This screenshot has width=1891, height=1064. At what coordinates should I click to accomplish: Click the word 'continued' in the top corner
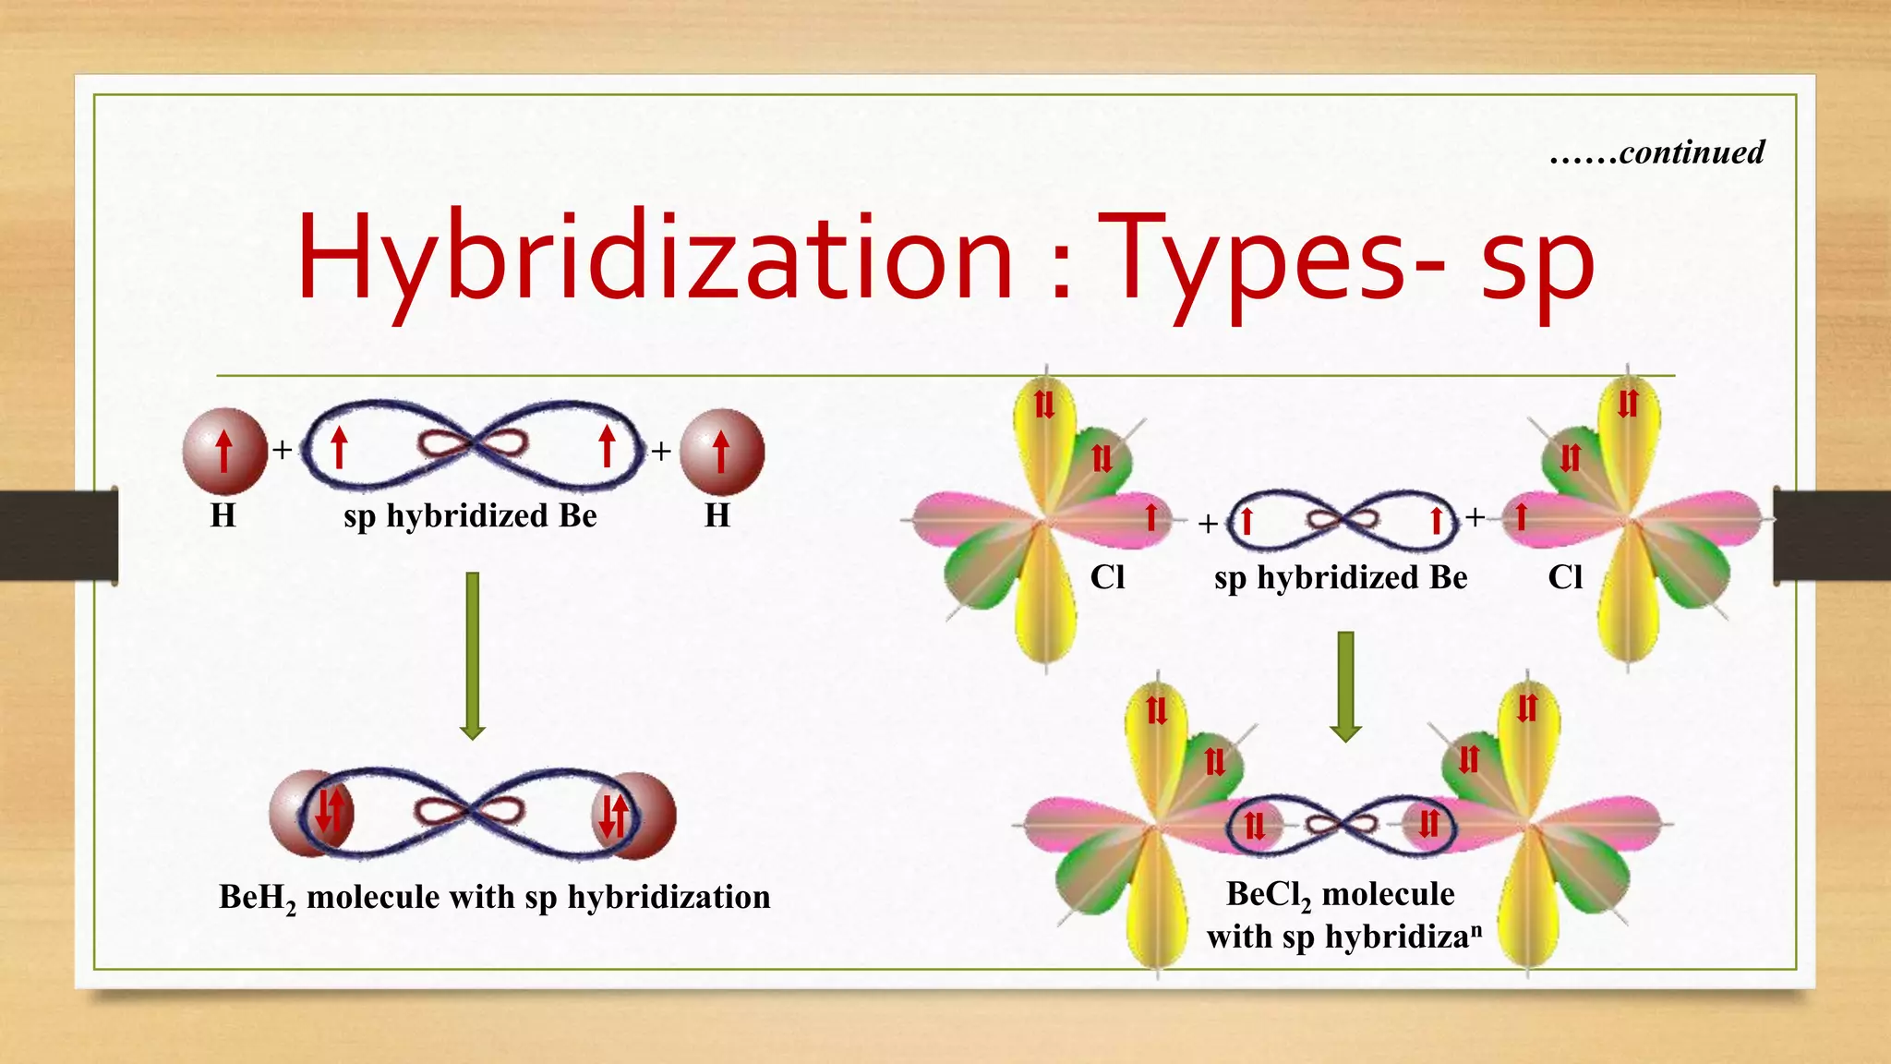1692,152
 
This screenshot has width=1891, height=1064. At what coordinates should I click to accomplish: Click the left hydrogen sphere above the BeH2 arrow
224,452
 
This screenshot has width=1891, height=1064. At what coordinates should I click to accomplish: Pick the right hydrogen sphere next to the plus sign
721,452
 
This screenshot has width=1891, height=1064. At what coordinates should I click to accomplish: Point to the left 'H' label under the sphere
223,515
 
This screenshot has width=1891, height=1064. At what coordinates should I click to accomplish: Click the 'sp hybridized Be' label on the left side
470,515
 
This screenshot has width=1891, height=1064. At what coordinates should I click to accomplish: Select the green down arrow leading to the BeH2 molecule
473,655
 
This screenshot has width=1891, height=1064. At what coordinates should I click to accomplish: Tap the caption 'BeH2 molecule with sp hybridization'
494,898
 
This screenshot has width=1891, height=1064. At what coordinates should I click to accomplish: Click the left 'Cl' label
1107,577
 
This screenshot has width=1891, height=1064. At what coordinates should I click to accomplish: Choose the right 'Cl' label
1565,577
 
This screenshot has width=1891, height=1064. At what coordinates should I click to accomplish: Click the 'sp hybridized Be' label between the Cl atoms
1341,577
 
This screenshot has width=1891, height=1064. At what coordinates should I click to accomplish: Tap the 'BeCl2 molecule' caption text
1340,894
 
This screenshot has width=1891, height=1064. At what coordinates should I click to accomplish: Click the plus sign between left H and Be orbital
283,450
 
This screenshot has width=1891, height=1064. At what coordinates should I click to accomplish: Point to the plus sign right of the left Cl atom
1208,524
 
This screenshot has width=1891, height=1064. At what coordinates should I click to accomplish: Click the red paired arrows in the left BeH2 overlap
330,811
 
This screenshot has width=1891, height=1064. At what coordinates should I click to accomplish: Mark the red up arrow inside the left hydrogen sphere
224,452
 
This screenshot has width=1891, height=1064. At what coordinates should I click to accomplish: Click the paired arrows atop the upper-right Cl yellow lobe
1627,404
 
